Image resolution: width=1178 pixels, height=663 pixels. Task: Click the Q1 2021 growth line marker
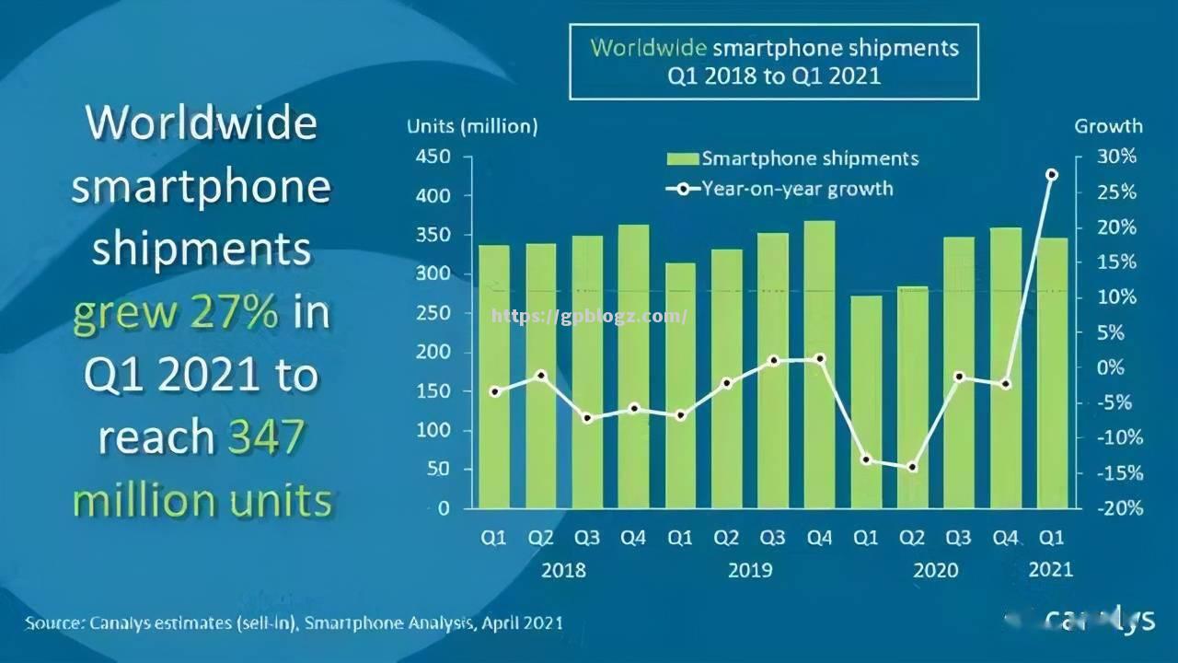(x=1052, y=175)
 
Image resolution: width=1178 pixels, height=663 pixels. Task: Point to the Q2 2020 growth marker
(x=912, y=467)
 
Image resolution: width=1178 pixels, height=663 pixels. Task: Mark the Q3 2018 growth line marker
(x=587, y=418)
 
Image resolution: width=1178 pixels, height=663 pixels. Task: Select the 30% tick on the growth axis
(x=1117, y=157)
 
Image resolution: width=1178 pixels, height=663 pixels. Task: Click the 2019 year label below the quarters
(x=750, y=570)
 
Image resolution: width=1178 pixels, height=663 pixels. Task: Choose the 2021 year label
(x=1050, y=569)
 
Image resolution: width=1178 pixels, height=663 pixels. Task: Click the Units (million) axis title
(x=472, y=126)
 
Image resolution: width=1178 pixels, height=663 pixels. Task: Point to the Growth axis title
(x=1108, y=126)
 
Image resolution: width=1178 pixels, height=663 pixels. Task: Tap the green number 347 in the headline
(x=265, y=437)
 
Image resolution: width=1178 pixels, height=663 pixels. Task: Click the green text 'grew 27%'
(x=176, y=313)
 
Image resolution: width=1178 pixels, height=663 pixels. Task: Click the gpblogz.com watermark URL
(x=589, y=317)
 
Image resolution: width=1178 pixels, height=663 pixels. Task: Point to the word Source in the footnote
(x=53, y=623)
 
